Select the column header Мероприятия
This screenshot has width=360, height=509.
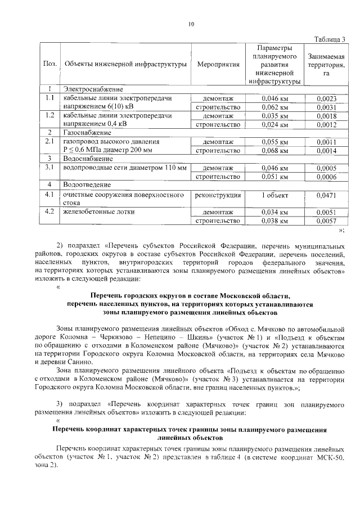tap(218, 65)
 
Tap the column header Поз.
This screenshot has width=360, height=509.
tap(49, 65)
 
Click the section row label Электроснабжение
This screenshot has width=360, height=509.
tap(93, 89)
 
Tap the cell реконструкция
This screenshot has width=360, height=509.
tap(218, 195)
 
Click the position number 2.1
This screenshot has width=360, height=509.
tap(49, 141)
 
